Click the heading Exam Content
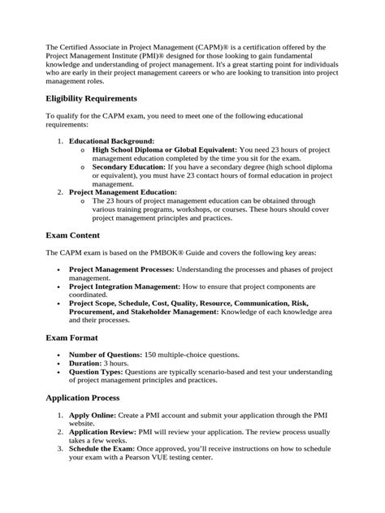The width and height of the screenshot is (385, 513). pyautogui.click(x=74, y=235)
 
